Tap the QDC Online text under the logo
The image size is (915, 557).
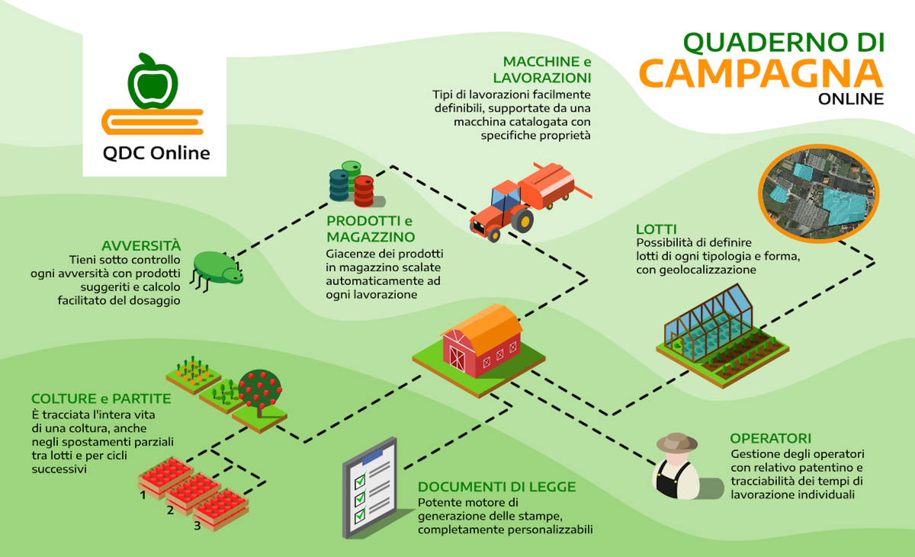click(x=156, y=153)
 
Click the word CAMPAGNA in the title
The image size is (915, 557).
click(x=762, y=73)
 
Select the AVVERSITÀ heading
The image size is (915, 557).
click(x=141, y=245)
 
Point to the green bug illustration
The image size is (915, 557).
click(x=217, y=269)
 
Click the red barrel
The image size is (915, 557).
click(x=364, y=191)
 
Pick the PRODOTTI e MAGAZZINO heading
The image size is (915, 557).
click(x=371, y=229)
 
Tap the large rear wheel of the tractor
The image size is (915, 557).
click(x=523, y=219)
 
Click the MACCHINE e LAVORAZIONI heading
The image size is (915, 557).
click(x=542, y=69)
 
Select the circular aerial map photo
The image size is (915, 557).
click(x=819, y=194)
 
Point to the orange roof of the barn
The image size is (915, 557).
click(x=486, y=326)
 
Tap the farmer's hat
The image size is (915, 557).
click(x=677, y=443)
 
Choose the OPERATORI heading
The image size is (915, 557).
click(x=770, y=438)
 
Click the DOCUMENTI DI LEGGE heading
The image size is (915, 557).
click(x=496, y=487)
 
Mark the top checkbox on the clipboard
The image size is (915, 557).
click(x=360, y=481)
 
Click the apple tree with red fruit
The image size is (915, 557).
click(x=260, y=392)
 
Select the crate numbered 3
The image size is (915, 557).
click(x=220, y=510)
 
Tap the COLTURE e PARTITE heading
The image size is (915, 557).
click(x=101, y=399)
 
